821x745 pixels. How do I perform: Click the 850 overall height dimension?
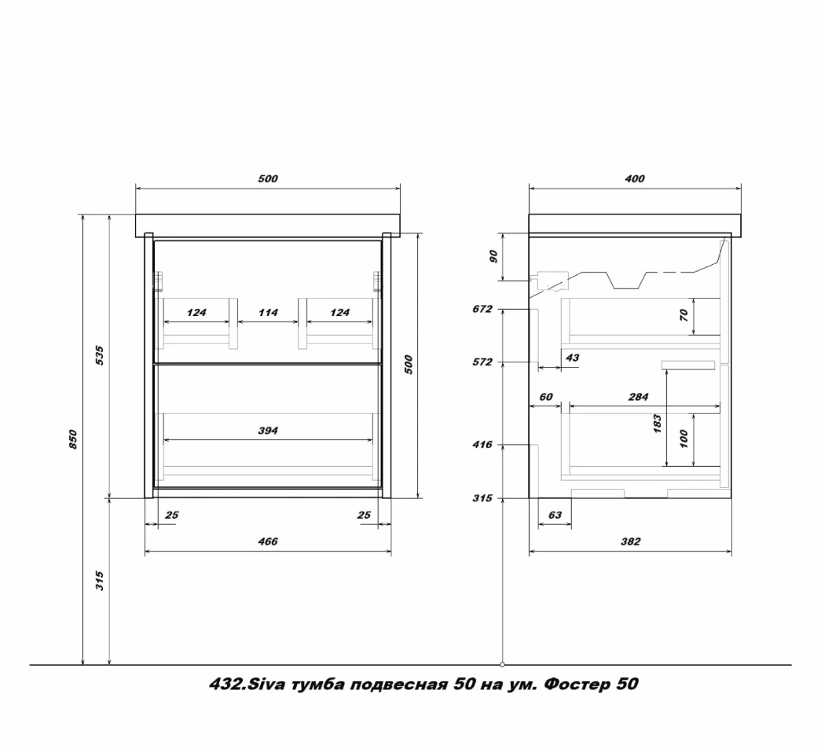tap(73, 439)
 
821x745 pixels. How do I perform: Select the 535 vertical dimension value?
tap(100, 356)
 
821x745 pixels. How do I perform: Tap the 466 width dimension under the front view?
tap(268, 541)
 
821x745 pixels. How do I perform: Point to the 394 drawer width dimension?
tap(268, 431)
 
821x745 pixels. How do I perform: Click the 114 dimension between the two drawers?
tap(268, 313)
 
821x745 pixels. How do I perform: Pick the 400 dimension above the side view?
tap(635, 179)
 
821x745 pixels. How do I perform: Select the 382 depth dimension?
tap(630, 541)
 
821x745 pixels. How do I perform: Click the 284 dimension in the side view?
tap(638, 397)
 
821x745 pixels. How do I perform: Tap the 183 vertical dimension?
tap(658, 424)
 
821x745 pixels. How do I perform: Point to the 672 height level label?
tap(482, 309)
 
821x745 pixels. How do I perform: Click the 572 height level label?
tap(482, 362)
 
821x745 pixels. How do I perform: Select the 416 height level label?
tap(482, 445)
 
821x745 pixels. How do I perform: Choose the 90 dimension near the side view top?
tap(493, 257)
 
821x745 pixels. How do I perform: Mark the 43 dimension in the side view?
tap(572, 358)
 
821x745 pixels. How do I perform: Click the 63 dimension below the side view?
tap(555, 515)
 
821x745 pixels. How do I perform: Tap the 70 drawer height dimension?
tap(684, 315)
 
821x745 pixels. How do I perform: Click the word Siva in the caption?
tap(265, 684)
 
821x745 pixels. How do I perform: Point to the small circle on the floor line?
tap(503, 665)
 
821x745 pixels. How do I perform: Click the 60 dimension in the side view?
tap(545, 397)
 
